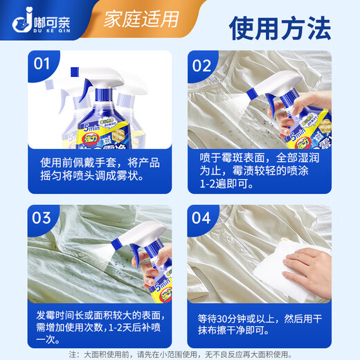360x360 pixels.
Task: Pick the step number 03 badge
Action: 42,217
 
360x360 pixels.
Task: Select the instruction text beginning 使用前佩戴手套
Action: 101,168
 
